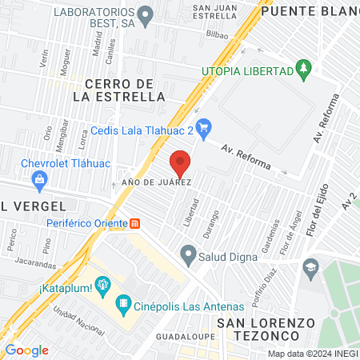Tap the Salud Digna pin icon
coord(189,256)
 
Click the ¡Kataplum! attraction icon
coord(102,284)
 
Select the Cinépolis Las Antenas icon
coord(122,302)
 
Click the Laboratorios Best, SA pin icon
coord(145,14)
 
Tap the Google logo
coord(26,350)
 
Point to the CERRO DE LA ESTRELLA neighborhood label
coord(119,90)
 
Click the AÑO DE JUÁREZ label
coord(156,182)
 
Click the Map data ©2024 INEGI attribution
coord(311,353)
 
